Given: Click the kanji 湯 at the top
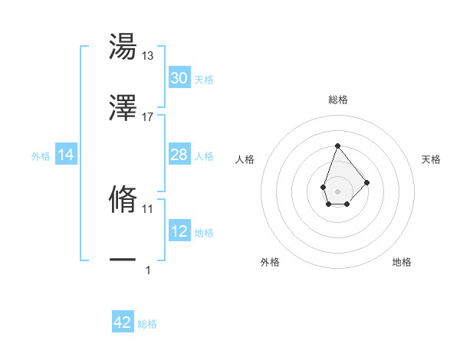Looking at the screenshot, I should (x=123, y=48).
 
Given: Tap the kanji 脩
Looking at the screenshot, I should (x=123, y=199).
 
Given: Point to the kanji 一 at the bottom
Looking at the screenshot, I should (x=123, y=260).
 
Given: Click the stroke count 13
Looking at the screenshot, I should (x=148, y=57).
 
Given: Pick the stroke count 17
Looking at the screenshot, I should (x=148, y=116).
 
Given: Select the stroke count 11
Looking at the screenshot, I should (x=148, y=208).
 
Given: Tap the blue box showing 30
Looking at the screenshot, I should (x=179, y=78).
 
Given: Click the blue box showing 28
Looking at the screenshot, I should (x=179, y=155).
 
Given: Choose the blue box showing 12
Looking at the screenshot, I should (x=179, y=231).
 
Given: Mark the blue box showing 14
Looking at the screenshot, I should (x=66, y=155).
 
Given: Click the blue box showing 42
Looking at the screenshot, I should (x=123, y=322).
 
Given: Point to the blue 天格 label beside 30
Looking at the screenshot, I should (x=204, y=80).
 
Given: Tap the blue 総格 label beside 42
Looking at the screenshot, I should (x=147, y=324).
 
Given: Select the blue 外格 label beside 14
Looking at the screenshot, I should (x=41, y=156).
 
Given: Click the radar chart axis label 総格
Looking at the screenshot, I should (x=337, y=100).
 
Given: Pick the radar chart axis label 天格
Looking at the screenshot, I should (x=432, y=159).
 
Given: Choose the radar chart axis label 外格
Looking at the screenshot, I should (x=270, y=262).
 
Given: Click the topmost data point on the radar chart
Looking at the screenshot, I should (x=337, y=146).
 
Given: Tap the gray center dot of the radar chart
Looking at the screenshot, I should (x=337, y=190).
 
